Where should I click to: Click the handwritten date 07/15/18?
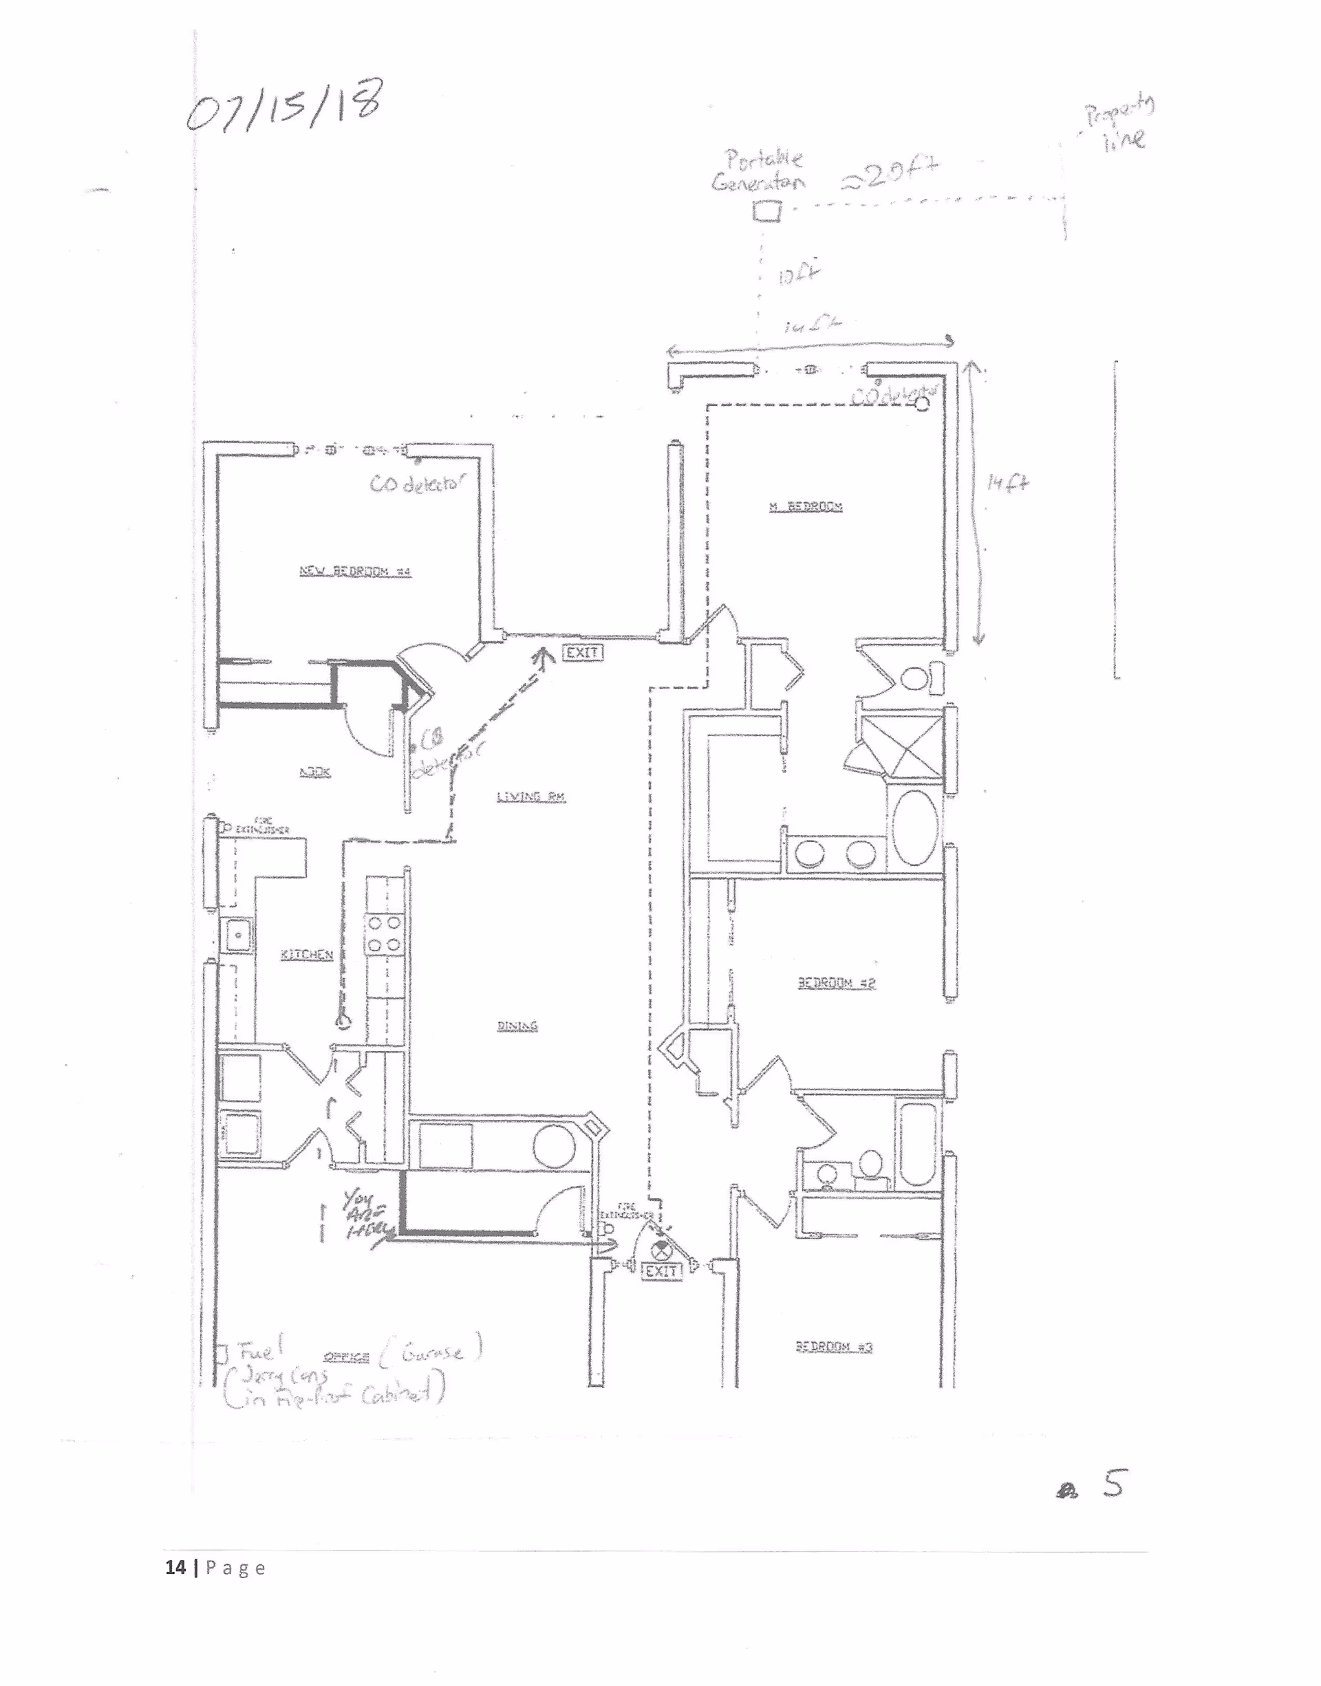click(283, 107)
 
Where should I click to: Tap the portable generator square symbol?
click(766, 210)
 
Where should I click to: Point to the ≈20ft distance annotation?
click(890, 175)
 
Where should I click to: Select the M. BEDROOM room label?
click(805, 507)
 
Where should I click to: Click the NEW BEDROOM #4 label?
click(355, 572)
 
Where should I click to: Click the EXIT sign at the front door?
click(662, 1271)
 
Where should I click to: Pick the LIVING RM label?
click(530, 797)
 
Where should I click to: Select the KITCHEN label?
click(306, 955)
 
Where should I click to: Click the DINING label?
click(517, 1026)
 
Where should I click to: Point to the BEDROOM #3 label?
click(834, 1347)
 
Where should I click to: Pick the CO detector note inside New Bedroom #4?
click(418, 484)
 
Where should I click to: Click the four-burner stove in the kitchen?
click(383, 934)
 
